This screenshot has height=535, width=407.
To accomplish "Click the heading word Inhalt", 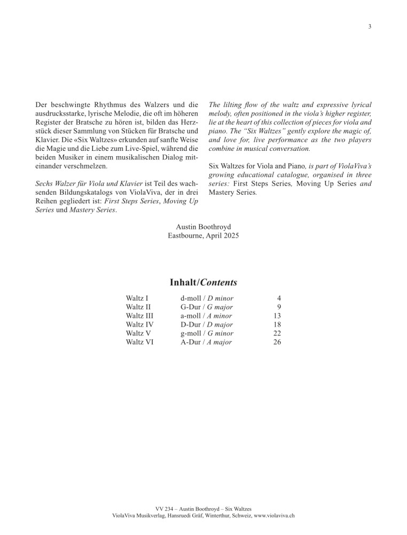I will coord(183,282).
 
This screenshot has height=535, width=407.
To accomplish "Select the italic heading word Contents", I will coord(219,282).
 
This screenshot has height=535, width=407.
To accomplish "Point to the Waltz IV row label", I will coord(140,324).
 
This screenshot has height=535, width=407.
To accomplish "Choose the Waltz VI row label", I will coord(140,342).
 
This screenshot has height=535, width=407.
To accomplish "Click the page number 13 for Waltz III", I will coord(277,315).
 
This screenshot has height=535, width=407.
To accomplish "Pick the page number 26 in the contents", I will coord(277,342).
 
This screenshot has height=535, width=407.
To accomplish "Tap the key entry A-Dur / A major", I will coord(206,342).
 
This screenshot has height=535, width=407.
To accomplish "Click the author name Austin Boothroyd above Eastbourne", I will coord(203,227).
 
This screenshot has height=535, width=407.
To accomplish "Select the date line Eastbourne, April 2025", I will coord(203,235).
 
